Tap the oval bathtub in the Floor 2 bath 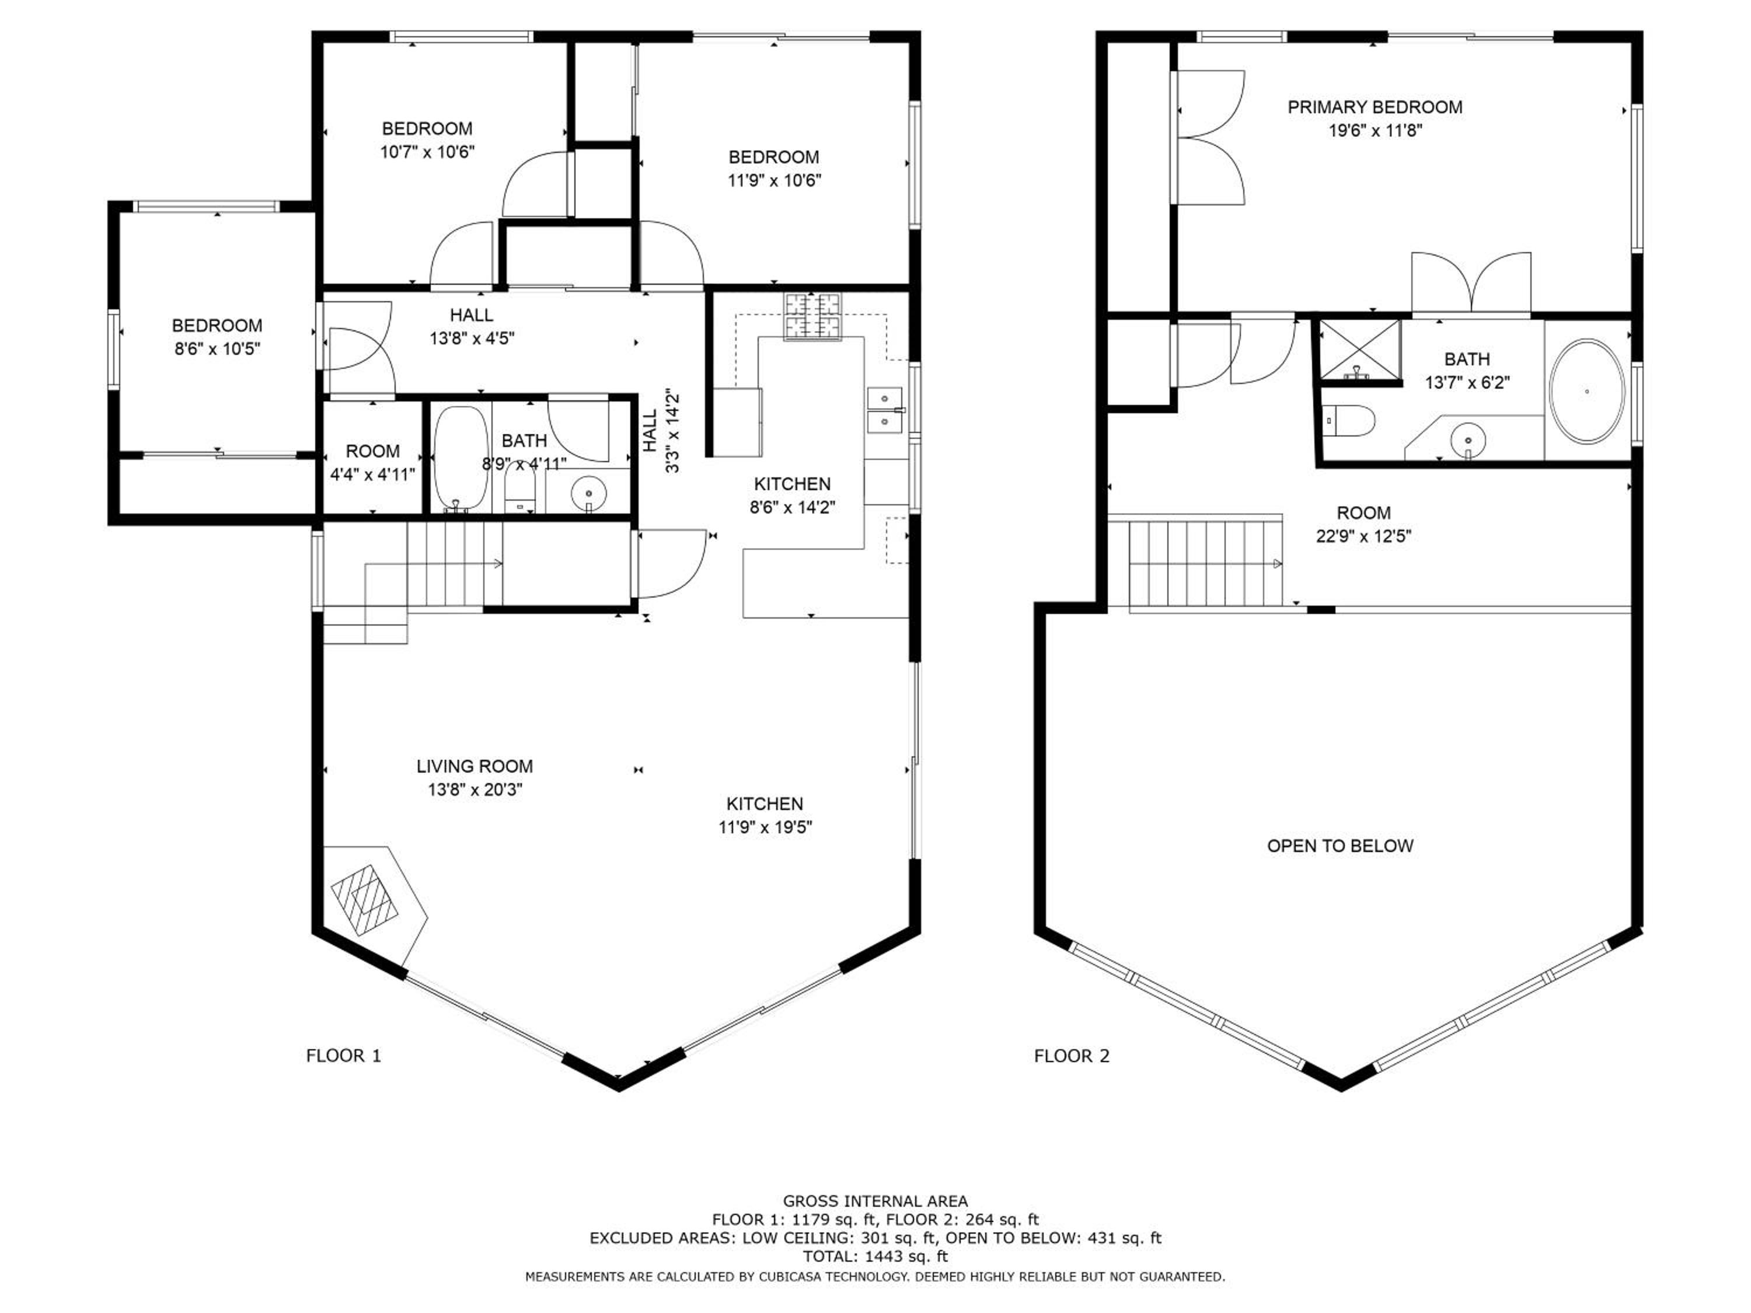pyautogui.click(x=1586, y=391)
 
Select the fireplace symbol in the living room pyautogui.click(x=365, y=900)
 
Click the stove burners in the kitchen pyautogui.click(x=813, y=316)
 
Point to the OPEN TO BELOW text pyautogui.click(x=1340, y=845)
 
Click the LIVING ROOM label pyautogui.click(x=475, y=766)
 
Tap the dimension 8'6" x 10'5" pyautogui.click(x=217, y=349)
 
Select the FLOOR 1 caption pyautogui.click(x=344, y=1055)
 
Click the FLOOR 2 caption pyautogui.click(x=1072, y=1055)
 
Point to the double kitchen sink pyautogui.click(x=885, y=410)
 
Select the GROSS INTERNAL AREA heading pyautogui.click(x=875, y=1202)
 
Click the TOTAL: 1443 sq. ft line pyautogui.click(x=875, y=1256)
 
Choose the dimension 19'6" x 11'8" pyautogui.click(x=1375, y=131)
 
